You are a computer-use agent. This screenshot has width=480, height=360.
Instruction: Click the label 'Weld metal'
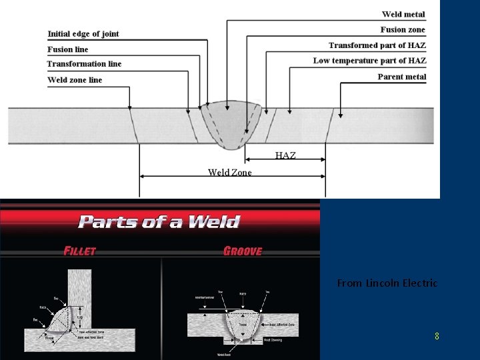[x=403, y=14]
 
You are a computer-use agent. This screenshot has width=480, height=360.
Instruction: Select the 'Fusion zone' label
[x=403, y=29]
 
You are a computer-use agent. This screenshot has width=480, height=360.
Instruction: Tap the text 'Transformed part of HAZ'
[x=377, y=45]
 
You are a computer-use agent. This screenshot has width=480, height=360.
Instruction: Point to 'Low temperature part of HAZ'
[x=369, y=61]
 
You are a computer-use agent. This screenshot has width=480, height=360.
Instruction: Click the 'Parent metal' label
[x=401, y=77]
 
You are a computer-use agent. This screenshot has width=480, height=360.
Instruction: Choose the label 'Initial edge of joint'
[x=83, y=34]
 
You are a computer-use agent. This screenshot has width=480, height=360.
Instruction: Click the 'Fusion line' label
[x=68, y=49]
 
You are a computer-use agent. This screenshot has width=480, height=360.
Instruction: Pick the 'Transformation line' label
[x=84, y=64]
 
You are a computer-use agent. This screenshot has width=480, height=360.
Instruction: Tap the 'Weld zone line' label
[x=75, y=80]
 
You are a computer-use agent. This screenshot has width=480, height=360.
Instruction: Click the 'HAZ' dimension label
[x=285, y=155]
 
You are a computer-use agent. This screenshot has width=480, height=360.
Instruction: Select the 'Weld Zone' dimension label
[x=229, y=173]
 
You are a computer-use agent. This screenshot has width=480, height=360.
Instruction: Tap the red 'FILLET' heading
[x=80, y=251]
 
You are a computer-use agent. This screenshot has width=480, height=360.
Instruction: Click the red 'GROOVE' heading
[x=243, y=251]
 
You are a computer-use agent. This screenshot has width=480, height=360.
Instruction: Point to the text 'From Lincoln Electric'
[x=387, y=283]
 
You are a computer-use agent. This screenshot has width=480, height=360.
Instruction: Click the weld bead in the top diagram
[x=231, y=123]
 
